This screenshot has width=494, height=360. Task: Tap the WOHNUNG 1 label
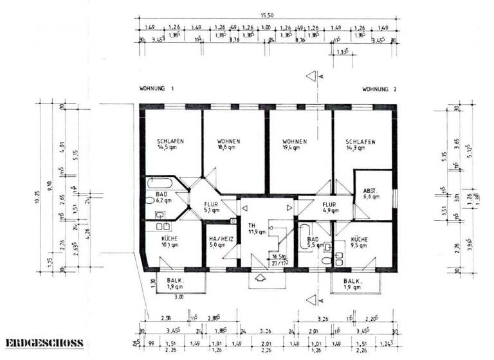click(157, 88)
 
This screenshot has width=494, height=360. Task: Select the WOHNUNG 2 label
click(380, 89)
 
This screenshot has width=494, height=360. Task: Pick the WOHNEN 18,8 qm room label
click(229, 145)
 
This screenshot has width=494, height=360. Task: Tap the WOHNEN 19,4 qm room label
click(294, 145)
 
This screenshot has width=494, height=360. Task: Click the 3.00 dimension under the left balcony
click(179, 297)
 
